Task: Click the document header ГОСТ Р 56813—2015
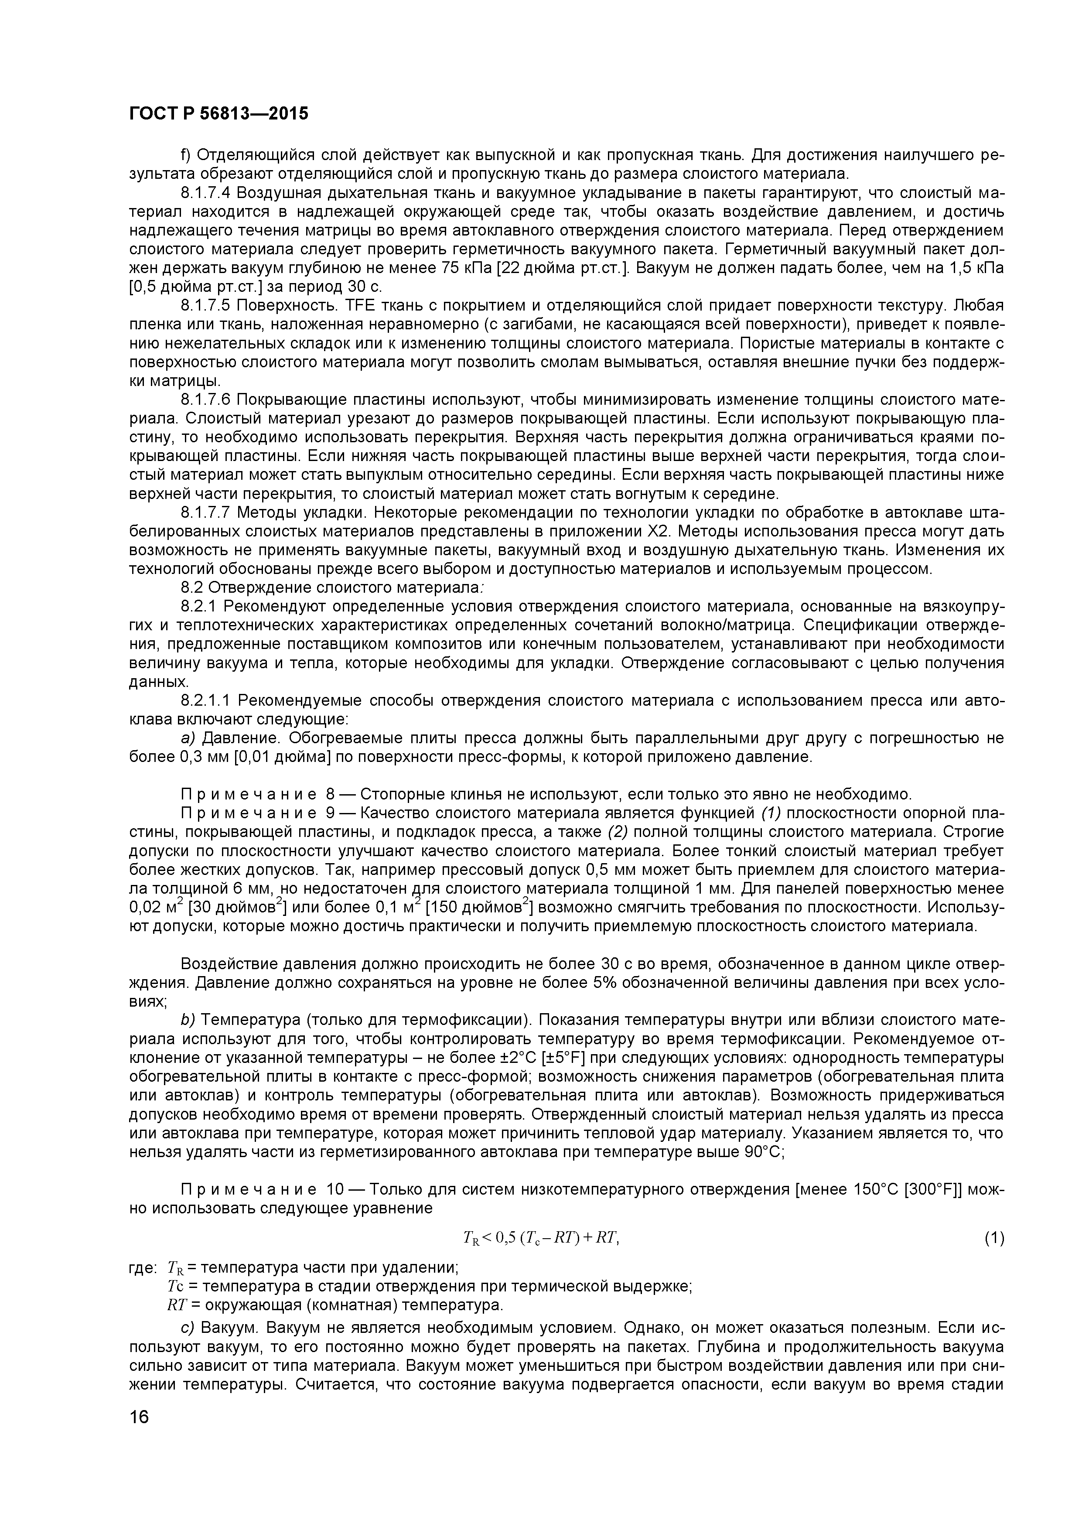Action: [218, 114]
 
